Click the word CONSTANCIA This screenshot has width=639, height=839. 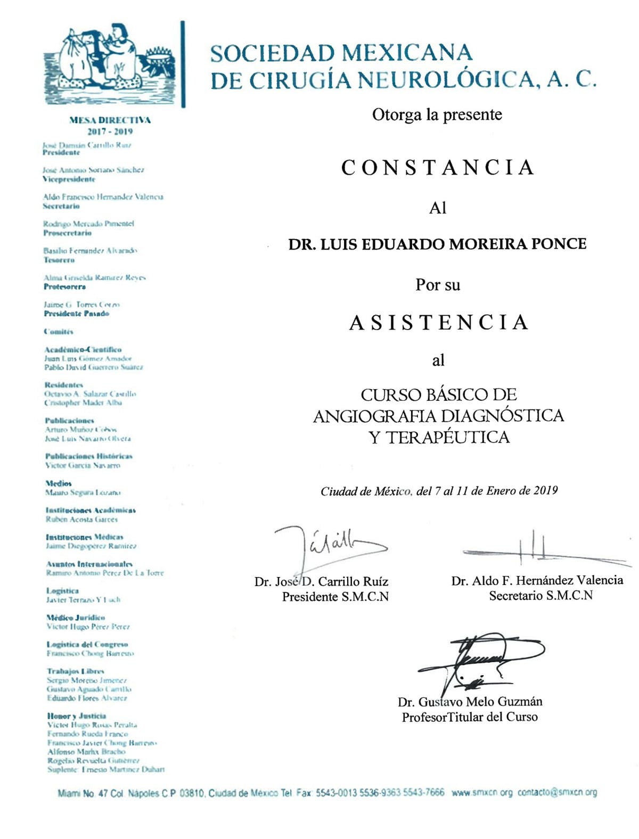coord(437,167)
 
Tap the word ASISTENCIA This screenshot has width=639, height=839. coord(438,322)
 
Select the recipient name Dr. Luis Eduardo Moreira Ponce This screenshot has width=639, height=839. coord(437,244)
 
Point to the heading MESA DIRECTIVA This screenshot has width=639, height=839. coord(110,120)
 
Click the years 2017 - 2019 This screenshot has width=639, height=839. coord(110,131)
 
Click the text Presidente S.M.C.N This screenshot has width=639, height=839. coord(335,597)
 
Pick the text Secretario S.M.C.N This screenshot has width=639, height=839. coord(540,596)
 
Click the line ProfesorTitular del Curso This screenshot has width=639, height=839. coord(469,717)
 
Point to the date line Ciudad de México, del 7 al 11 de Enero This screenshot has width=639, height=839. coord(439,491)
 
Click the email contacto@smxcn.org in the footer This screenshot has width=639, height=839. coord(557,792)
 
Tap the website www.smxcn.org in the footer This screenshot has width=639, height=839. coord(482,792)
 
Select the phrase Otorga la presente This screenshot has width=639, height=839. coord(437,114)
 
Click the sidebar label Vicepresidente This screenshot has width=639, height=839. coord(69,179)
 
